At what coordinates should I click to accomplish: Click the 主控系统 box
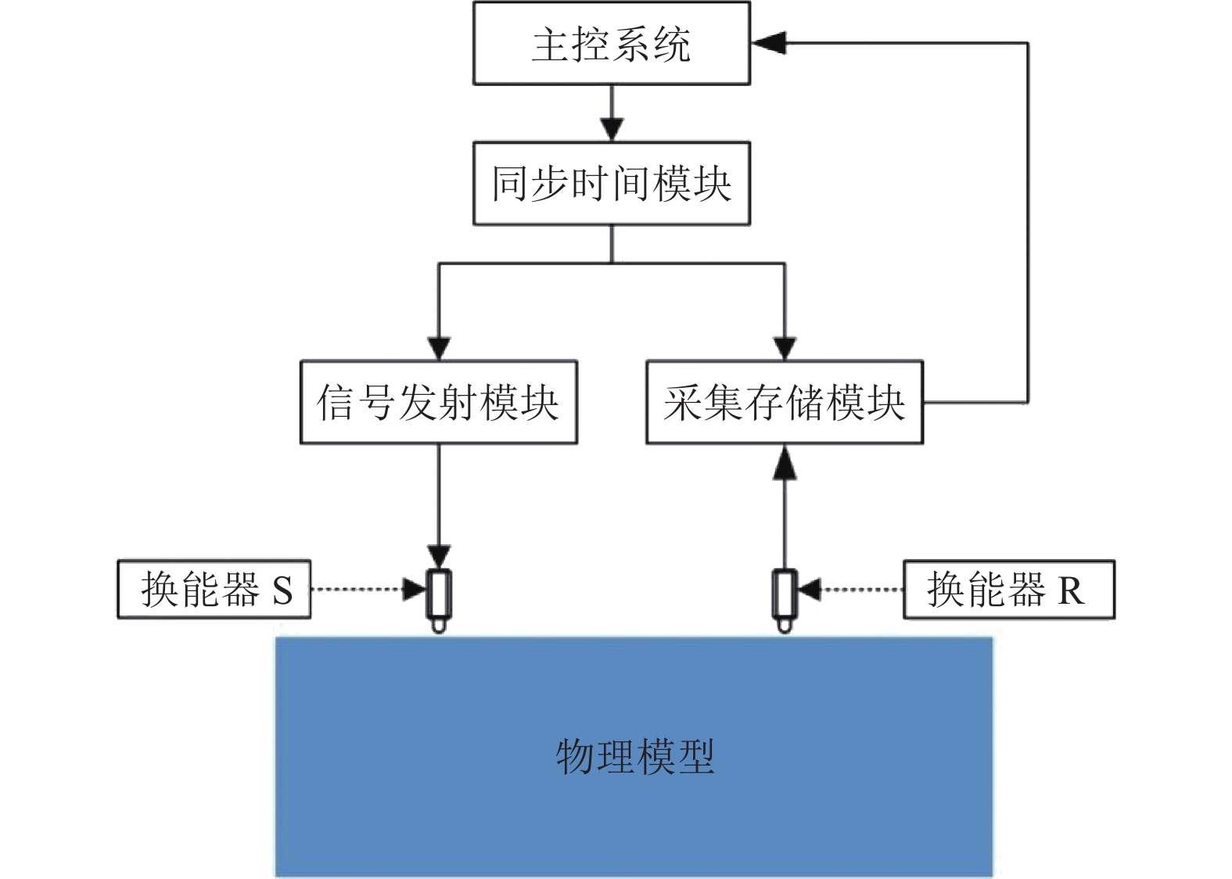coord(611,43)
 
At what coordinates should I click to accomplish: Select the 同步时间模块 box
coord(611,184)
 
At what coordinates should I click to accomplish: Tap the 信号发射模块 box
coord(438,402)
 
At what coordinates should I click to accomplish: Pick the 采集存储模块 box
coord(784,402)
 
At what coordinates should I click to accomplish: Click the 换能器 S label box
coord(214,589)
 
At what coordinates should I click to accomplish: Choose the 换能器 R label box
coord(1008,589)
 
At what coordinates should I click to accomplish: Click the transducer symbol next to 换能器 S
coord(438,597)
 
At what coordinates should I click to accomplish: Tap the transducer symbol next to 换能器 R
coord(785,597)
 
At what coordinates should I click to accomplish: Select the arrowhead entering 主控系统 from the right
coord(767,43)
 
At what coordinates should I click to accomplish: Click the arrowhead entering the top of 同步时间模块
coord(611,128)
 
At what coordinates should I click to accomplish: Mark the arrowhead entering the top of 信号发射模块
coord(438,347)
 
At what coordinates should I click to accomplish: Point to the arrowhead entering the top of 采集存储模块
coord(784,347)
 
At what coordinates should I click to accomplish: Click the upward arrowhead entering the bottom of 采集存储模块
coord(784,463)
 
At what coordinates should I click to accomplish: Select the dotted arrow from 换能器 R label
coord(853,589)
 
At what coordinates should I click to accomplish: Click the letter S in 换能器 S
coord(282,590)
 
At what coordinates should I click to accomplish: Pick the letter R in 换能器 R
coord(1071,590)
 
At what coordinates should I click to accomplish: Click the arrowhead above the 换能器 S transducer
coord(438,556)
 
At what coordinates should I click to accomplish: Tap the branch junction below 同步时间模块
coord(611,264)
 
